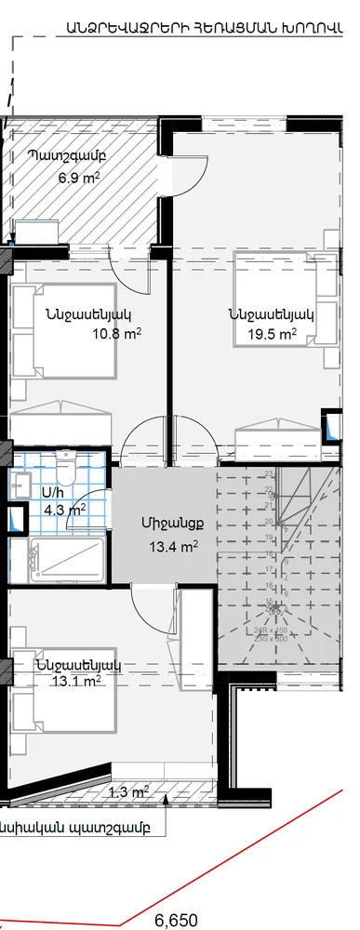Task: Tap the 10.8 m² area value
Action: coord(117,333)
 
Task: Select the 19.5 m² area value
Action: coord(273,334)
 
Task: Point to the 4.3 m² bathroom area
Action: coord(64,509)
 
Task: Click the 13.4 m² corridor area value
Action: coord(173,547)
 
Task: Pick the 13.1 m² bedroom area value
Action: coord(78,683)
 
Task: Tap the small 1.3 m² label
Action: coord(128,792)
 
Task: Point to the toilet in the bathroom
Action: coord(66,461)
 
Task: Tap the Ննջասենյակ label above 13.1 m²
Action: coord(79,665)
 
